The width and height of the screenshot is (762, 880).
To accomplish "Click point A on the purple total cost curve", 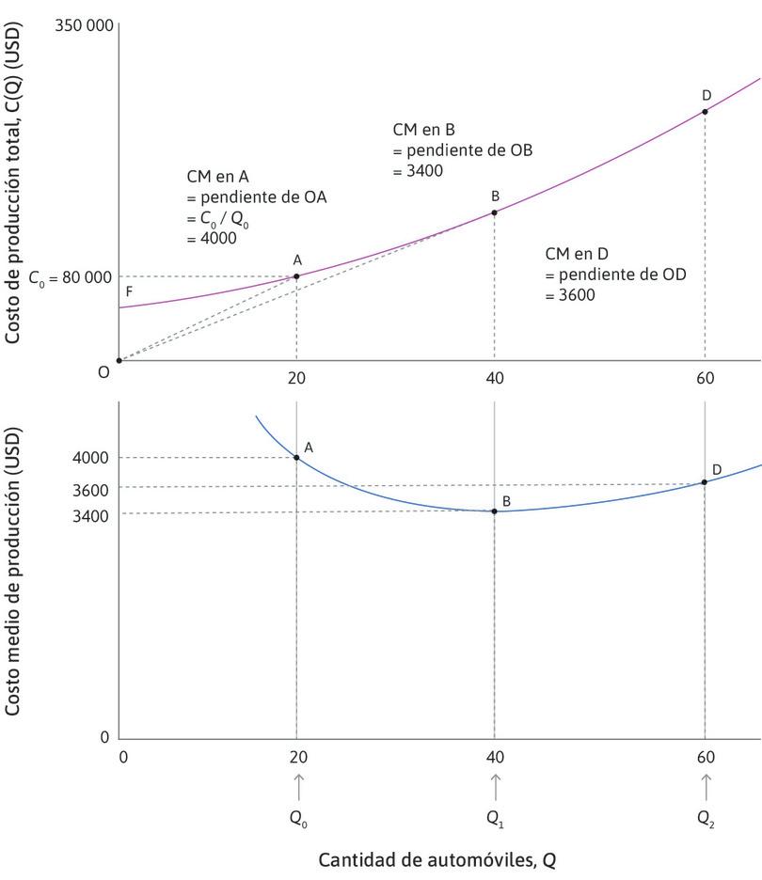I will tap(296, 275).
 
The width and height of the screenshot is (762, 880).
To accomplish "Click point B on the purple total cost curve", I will tap(495, 212).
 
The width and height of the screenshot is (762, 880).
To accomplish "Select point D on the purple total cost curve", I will tap(705, 111).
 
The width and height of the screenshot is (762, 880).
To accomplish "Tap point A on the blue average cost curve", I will tap(296, 458).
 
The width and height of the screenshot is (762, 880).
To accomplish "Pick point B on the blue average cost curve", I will tap(495, 511).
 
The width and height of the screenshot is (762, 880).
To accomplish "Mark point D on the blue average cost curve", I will tap(705, 481).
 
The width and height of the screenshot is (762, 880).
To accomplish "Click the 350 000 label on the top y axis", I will tap(86, 25).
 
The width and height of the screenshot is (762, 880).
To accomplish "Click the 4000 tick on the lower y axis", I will tap(90, 458).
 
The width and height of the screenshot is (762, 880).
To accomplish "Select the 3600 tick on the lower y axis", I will tap(90, 490).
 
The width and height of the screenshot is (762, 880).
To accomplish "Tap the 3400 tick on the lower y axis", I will tap(90, 515).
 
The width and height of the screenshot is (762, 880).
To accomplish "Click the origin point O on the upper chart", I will tap(119, 360).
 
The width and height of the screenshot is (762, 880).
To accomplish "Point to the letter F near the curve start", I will tap(129, 292).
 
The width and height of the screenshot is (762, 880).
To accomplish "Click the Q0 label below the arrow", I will tap(296, 818).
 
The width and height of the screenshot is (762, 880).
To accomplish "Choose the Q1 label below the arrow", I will tap(495, 818).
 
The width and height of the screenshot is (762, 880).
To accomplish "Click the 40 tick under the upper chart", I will tap(495, 379).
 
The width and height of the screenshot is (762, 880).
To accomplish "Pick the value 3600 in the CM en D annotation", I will tap(569, 294).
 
